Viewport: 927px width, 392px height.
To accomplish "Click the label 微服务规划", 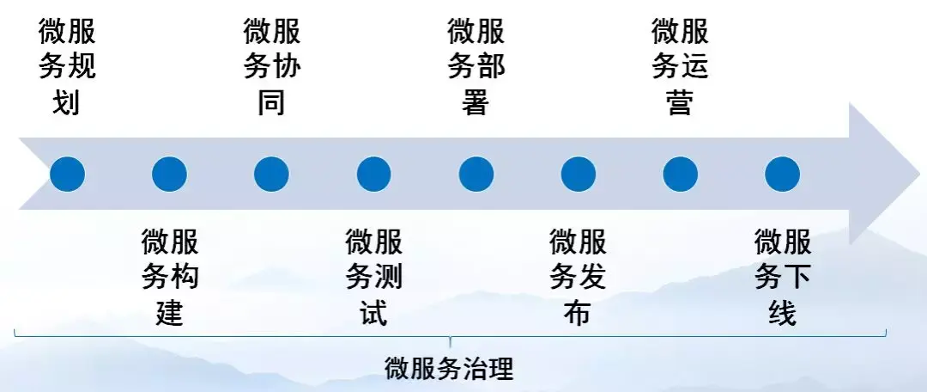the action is pos(67,68).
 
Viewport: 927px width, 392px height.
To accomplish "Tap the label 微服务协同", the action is pos(271,68).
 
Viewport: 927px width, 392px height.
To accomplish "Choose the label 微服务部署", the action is pos(476,68).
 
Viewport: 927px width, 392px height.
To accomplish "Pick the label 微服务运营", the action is pos(680,68).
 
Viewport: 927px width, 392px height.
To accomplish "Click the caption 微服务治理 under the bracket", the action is pos(449,368).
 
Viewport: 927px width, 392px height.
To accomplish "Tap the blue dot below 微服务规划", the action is pos(67,175).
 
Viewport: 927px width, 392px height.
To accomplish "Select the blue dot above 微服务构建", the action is pos(169,175).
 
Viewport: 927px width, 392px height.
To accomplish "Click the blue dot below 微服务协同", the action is pos(271,175).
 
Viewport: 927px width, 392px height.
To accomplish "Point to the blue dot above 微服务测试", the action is pos(373,175).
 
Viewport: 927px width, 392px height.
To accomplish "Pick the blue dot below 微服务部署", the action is pos(476,175).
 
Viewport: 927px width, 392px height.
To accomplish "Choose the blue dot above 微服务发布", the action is pos(578,175).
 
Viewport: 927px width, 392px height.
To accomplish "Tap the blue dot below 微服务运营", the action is pos(680,175).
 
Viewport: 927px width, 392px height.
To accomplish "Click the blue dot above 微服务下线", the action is pos(782,175).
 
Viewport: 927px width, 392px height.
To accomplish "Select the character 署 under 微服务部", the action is pos(476,103).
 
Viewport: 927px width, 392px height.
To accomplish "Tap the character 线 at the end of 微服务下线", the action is pos(783,312).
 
